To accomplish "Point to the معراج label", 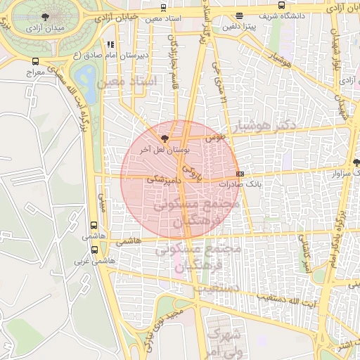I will point(34,72).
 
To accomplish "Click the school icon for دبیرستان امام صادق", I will point(110,45).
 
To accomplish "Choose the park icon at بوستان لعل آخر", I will point(165,139).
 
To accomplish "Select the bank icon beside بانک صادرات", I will point(240,174).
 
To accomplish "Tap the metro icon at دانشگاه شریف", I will point(240,15).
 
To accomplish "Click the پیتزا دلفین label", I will point(239,27).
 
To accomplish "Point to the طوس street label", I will point(213,138).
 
